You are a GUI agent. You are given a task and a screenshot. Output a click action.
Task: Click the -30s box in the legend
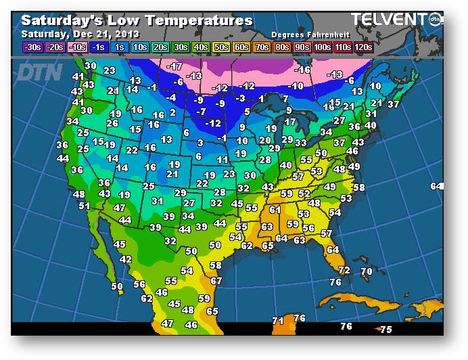pos(32,47)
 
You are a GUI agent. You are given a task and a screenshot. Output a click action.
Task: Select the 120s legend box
pos(363,47)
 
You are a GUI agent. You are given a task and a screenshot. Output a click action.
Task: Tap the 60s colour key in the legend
pos(241,47)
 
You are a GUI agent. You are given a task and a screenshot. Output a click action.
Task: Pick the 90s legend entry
pos(302,47)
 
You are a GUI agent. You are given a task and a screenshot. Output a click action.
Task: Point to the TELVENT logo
pos(390,19)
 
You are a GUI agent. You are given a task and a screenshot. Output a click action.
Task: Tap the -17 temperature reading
pos(175,66)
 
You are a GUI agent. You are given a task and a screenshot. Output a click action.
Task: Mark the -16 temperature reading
pos(302,70)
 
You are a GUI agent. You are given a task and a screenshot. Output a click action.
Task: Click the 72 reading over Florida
pos(344,270)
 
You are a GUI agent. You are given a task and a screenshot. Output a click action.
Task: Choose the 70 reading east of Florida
pos(367,272)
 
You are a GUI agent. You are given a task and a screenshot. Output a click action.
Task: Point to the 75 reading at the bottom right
pos(385,330)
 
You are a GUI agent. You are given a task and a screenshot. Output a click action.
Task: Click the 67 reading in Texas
pos(216,281)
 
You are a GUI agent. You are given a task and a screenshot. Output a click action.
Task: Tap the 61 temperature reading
pos(275,210)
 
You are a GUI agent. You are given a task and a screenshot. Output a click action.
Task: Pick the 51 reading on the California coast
pos(85,206)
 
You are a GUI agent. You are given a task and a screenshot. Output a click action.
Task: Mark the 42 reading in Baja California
pos(126,259)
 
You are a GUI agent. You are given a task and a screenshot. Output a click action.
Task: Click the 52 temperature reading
pos(304,194)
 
